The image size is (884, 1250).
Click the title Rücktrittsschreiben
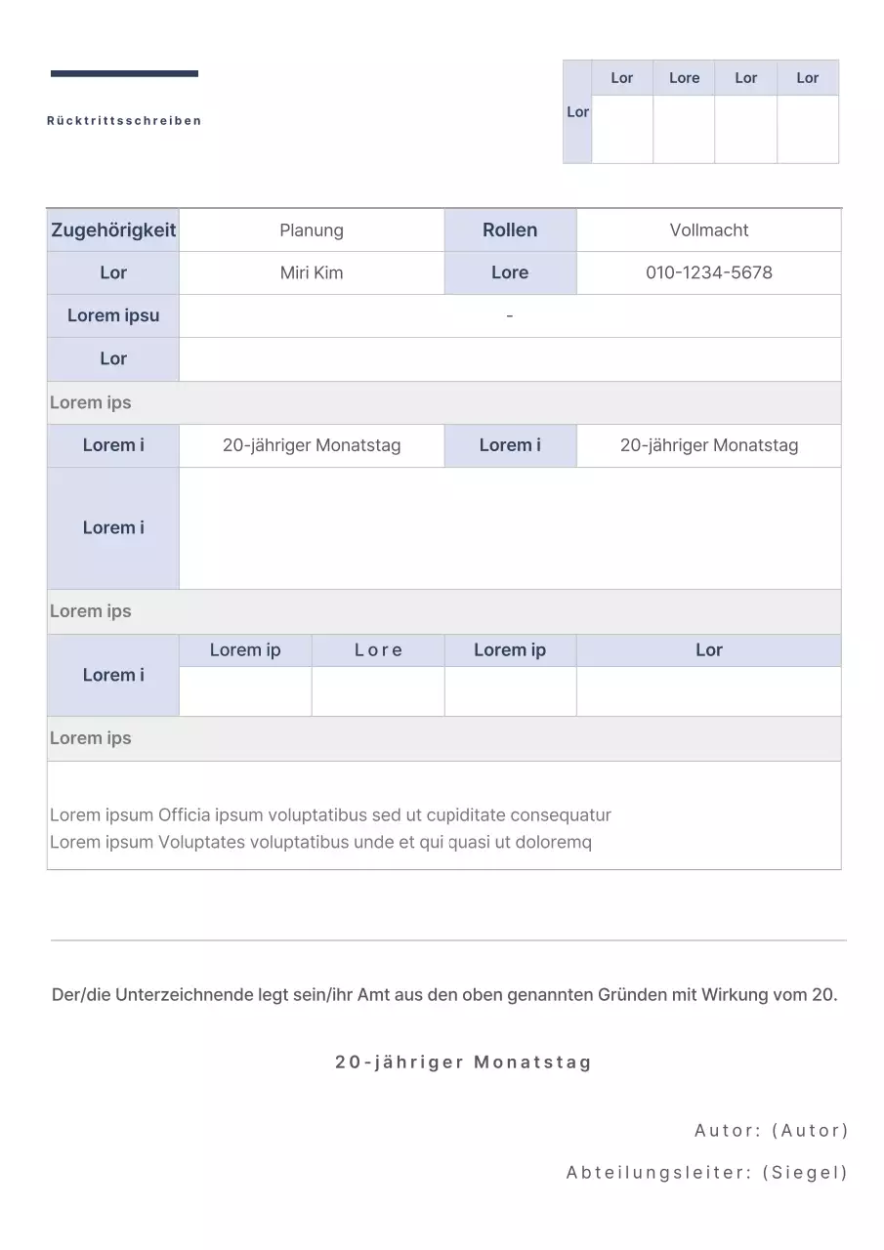coord(124,121)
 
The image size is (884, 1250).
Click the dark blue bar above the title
coord(124,73)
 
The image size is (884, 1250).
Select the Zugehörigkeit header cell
coord(113,230)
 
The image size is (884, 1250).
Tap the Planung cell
coord(312,230)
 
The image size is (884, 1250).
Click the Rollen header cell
coord(510,230)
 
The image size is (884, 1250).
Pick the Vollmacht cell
coord(709,230)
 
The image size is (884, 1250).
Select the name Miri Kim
coord(312,273)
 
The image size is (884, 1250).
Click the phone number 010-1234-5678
coord(709,273)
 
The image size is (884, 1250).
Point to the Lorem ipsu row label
coord(113,315)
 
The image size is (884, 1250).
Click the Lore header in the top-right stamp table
coord(684,78)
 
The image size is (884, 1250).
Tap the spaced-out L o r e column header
coord(378,650)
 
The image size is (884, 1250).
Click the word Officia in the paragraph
coord(185,815)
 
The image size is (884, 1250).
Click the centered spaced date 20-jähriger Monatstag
coord(464,1062)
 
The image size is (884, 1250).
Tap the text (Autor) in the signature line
coord(810,1131)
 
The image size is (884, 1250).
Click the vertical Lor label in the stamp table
coord(577,112)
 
